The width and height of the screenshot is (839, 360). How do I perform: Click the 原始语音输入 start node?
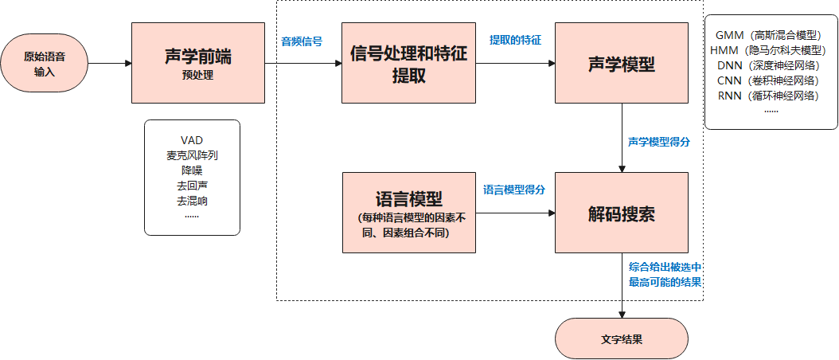coord(45,63)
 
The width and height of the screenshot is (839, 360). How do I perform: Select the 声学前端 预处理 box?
coord(198,63)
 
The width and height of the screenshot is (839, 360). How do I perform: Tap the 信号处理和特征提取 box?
coord(408,63)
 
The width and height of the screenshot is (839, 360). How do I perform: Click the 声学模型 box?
coord(621,63)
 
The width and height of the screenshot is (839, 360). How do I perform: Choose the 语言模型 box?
coord(408,212)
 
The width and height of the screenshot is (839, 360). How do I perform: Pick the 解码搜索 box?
coord(621,212)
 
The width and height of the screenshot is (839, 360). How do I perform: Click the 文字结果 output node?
coord(621,338)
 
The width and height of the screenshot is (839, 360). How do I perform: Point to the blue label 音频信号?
coord(302,41)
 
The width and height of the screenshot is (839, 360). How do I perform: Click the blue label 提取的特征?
coord(515,40)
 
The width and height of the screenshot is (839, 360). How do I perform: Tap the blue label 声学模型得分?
coord(658,142)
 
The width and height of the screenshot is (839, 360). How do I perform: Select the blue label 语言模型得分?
coord(514,190)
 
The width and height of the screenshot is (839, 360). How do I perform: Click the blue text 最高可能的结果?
coord(664,281)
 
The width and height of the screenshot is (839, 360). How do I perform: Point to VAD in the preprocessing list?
coord(192,140)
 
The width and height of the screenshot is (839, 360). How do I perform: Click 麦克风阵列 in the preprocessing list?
coord(192,155)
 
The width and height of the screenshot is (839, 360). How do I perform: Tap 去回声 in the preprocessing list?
coord(192,186)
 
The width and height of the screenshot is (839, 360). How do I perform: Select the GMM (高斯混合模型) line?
coord(771,36)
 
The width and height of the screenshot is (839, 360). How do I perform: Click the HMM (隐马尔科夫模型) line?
coord(771,50)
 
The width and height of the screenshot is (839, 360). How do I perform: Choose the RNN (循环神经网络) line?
coord(771,96)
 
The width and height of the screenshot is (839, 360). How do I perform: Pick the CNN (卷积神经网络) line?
coord(771,80)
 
